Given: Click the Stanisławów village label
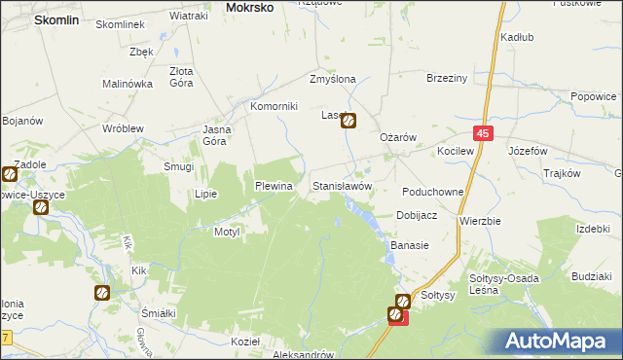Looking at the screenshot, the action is coord(341,185).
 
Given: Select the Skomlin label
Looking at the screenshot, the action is coord(35,18).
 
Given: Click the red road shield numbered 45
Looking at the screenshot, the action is coord(484,133).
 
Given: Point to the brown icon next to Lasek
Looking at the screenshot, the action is coord(348,122).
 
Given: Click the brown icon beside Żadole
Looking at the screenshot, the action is coord(8,175).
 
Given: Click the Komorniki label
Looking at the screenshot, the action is coord(273,106).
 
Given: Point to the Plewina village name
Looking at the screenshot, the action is coord(274,185).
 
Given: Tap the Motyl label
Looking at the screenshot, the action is coord(227,232).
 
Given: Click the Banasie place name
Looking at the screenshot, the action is coord(410,245).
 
